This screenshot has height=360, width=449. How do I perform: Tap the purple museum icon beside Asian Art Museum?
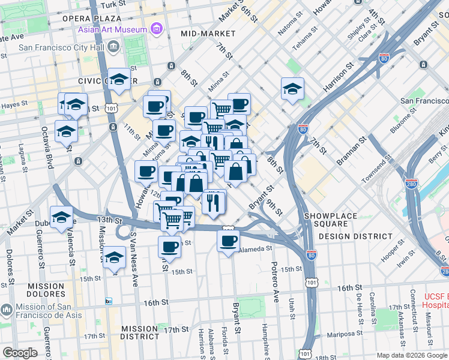156,29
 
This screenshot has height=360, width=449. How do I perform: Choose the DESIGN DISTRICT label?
355,236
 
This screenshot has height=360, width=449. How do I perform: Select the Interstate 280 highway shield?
411,183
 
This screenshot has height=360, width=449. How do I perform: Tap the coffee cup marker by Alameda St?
228,241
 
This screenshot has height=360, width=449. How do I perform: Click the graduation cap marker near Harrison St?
292,89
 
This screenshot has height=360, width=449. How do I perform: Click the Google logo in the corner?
20,353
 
